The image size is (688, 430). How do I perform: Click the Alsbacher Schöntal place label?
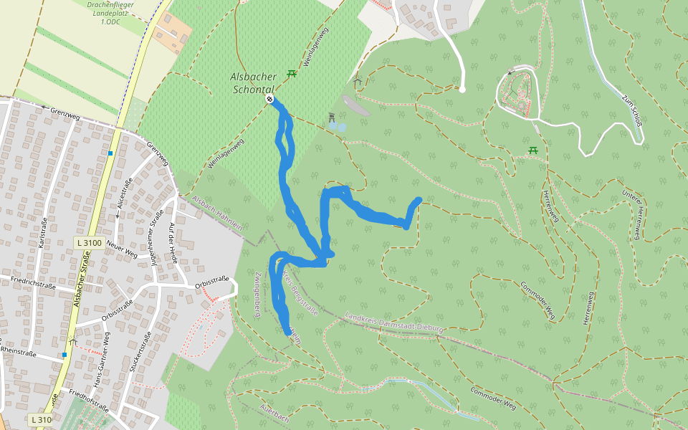[x=253, y=82]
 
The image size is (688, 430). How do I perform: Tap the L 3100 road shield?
[x=90, y=243]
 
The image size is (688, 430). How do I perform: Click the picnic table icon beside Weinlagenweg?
[x=292, y=73]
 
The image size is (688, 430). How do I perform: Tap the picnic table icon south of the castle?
[x=533, y=150]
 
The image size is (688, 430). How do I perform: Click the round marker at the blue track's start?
[x=269, y=99]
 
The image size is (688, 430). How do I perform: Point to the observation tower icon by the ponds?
[x=331, y=117]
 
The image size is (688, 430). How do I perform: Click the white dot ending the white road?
[x=462, y=90]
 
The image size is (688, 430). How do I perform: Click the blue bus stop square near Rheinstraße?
[x=64, y=355]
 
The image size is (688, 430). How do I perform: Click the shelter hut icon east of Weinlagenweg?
[x=357, y=81]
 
